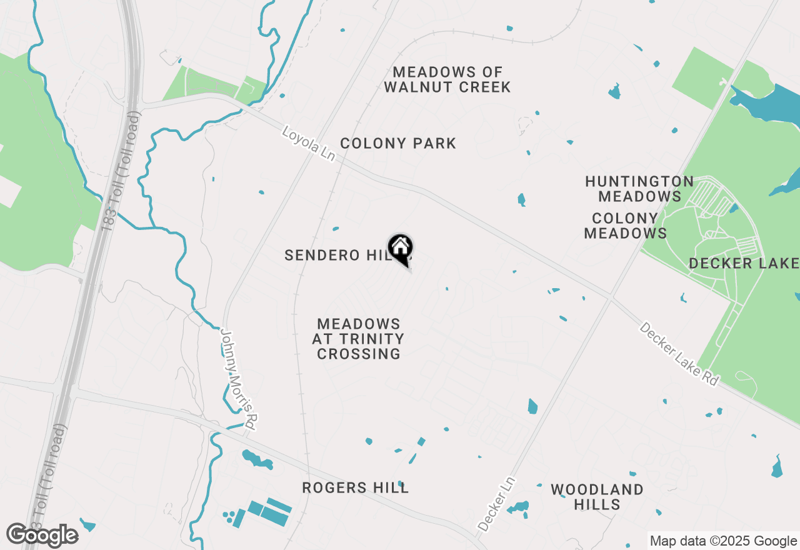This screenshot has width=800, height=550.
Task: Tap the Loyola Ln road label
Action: [x=309, y=144]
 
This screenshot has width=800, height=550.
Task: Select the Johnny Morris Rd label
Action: [x=238, y=379]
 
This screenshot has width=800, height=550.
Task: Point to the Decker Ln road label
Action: [x=497, y=504]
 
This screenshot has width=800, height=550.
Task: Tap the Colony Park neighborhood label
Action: [x=398, y=144]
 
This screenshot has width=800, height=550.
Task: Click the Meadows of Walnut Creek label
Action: [x=447, y=79]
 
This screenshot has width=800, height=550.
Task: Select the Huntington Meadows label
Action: [x=639, y=189]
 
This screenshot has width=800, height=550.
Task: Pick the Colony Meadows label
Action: [x=625, y=226]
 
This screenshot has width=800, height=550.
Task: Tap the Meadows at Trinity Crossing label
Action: [x=359, y=339]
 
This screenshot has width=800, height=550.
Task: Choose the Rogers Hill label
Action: [x=355, y=488]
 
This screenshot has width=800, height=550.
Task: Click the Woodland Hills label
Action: [x=597, y=497]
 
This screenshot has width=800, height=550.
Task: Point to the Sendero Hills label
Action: [x=331, y=256]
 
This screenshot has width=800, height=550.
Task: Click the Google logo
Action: [x=42, y=536]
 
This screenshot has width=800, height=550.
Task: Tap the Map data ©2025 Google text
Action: [x=722, y=541]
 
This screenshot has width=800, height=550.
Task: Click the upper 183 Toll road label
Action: [x=121, y=172]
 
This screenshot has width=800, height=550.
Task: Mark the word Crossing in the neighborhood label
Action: [x=359, y=354]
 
